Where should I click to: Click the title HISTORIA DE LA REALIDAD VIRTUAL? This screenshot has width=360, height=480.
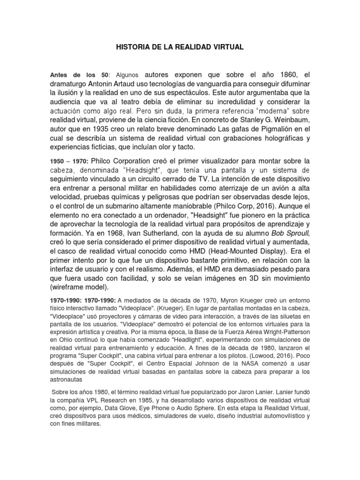(x=180, y=47)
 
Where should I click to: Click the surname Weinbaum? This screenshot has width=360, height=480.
(x=292, y=120)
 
